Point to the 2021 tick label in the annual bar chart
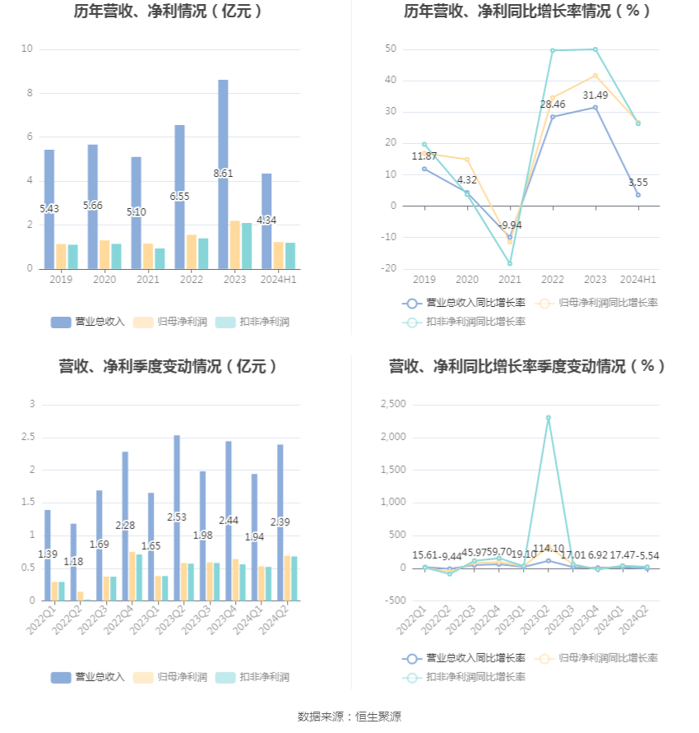click(148, 281)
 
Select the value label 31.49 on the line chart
click(595, 95)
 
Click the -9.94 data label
click(510, 225)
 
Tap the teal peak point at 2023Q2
click(549, 418)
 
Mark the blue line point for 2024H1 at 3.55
click(637, 195)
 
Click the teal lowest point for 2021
click(510, 263)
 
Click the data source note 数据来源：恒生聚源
click(349, 717)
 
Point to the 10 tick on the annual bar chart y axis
click(27, 49)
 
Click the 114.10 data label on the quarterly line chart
click(549, 549)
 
